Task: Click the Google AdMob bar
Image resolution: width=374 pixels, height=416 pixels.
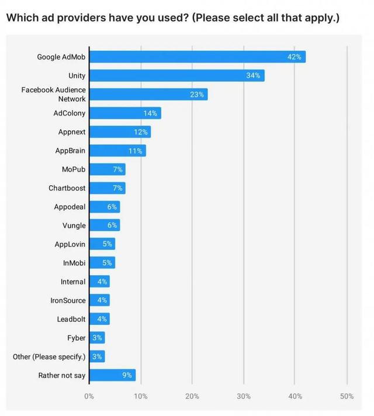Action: tap(197, 57)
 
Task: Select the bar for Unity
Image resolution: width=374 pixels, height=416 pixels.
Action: tap(176, 75)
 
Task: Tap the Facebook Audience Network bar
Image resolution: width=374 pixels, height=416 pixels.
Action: tap(148, 94)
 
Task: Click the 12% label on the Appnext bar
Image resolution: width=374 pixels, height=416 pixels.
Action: tap(140, 132)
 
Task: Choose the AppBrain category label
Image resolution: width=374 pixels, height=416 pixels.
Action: tap(70, 151)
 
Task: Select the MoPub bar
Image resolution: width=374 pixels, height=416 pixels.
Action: tap(107, 169)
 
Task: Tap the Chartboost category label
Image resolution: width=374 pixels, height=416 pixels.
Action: tap(67, 188)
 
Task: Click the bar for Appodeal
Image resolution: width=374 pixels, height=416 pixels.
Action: tap(105, 207)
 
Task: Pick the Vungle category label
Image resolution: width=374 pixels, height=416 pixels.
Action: tap(74, 226)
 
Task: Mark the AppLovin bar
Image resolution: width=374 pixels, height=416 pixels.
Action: tap(102, 244)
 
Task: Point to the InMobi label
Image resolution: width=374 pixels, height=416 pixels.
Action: tap(74, 263)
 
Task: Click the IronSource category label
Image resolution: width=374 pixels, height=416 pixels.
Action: tap(68, 300)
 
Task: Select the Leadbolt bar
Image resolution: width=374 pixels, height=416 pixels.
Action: tap(99, 319)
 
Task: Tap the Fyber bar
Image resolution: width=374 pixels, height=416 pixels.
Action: tap(97, 338)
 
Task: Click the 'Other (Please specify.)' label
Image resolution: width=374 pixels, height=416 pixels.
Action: tap(49, 356)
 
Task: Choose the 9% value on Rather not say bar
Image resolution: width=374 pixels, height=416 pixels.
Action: tap(127, 375)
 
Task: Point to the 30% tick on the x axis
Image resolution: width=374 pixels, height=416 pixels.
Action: tap(244, 396)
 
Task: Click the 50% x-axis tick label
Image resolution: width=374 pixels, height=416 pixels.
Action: tap(347, 396)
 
